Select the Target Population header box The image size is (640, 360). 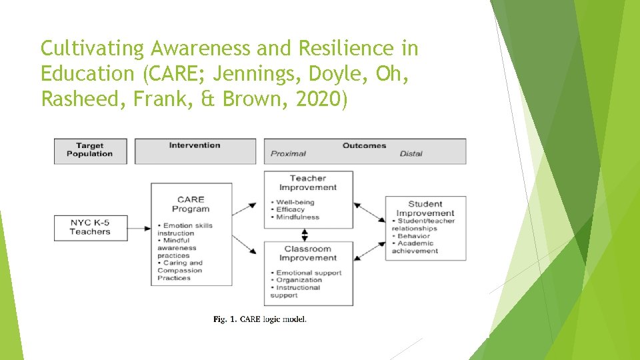(90, 150)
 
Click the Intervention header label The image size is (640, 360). (195, 145)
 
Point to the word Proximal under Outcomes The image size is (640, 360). (288, 154)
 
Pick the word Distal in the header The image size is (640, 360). (411, 154)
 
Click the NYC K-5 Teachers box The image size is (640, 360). (90, 227)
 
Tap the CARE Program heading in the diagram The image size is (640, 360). (191, 203)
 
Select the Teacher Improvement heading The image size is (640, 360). (308, 183)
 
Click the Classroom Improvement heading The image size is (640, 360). (308, 253)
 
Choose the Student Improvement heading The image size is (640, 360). (425, 209)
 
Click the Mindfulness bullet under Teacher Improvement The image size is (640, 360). (298, 217)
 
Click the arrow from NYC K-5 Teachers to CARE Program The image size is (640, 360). (139, 228)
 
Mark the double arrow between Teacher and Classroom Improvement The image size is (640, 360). (305, 235)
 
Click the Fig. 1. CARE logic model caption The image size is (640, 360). (260, 319)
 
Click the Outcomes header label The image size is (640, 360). (364, 145)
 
